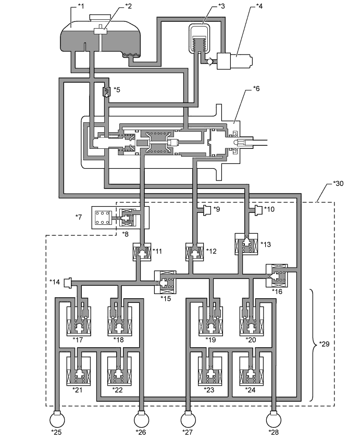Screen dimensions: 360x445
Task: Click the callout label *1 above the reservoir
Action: pos(81,6)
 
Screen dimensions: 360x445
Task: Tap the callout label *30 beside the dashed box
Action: pos(338,183)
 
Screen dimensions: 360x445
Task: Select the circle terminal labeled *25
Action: pos(57,419)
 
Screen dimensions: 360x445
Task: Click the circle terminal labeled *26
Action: pos(142,419)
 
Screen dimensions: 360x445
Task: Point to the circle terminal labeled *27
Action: pos(189,419)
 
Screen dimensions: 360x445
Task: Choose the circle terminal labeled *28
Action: pos(274,419)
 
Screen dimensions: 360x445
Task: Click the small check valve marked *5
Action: pos(106,92)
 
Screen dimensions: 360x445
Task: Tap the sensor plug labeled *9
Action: pos(207,211)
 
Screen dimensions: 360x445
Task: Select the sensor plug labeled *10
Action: pos(258,211)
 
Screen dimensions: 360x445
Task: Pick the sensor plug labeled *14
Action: pos(68,283)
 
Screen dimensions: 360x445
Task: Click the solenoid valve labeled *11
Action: pos(142,252)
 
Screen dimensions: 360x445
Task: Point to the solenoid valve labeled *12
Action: pos(195,252)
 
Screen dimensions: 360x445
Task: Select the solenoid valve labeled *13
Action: pos(246,244)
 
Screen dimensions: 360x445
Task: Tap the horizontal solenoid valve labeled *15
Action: pos(165,283)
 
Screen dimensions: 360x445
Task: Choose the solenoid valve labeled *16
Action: pos(277,275)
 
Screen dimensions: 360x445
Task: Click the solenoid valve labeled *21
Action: pos(79,371)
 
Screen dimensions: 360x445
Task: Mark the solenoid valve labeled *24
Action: pos(251,371)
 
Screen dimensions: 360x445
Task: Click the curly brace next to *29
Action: pos(314,345)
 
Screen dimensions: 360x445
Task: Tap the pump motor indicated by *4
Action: pos(234,61)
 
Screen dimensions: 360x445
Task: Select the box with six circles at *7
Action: pos(102,218)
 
